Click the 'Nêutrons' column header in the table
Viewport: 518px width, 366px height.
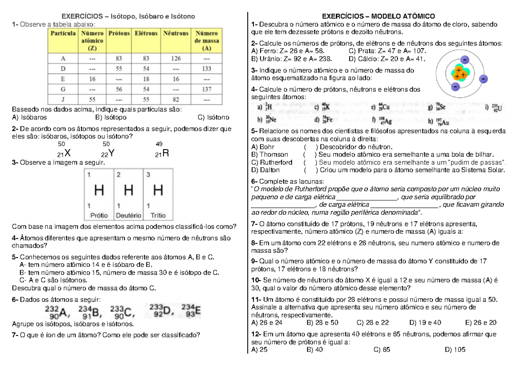176,33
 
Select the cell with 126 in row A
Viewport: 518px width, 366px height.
176,58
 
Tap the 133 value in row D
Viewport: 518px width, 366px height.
206,69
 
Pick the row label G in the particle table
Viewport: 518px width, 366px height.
63,89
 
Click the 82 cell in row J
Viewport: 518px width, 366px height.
176,100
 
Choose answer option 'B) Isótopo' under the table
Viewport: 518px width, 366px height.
110,117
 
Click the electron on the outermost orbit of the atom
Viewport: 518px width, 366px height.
483,79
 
